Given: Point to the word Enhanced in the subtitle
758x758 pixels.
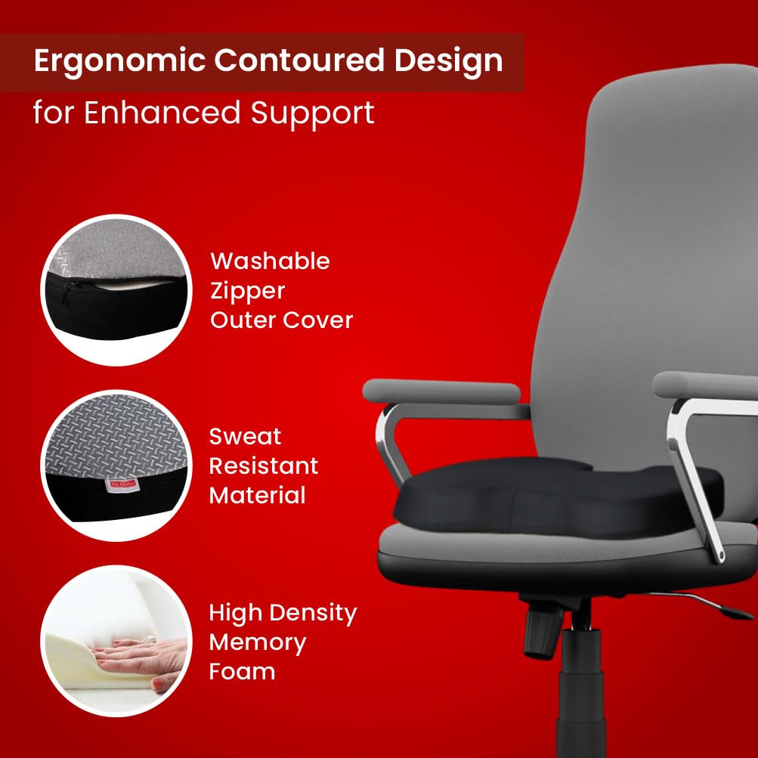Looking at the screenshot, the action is [162, 113].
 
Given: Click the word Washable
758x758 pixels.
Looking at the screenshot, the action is [271, 261].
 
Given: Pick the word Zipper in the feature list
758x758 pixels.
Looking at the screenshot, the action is [248, 292].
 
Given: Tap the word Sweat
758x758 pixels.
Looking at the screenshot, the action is [245, 437].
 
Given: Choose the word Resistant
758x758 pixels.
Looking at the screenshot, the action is [264, 466].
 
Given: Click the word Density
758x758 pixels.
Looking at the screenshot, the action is [314, 614].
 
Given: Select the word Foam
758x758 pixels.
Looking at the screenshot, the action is [242, 671].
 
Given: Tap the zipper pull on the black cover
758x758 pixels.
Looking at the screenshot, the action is [68, 292].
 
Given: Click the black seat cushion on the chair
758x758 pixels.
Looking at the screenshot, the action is [556, 498].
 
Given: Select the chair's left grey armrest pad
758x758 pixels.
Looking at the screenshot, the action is [441, 391].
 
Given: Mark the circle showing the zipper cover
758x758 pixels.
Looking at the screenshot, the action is [116, 290].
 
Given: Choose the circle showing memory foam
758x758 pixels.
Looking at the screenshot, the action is [116, 641].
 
